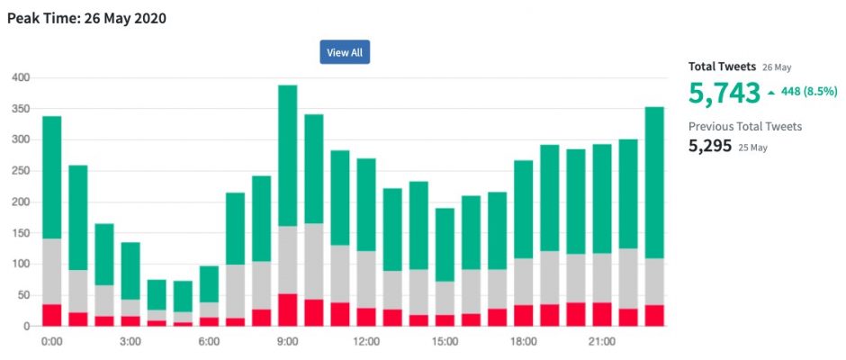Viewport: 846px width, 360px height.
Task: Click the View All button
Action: coord(345,52)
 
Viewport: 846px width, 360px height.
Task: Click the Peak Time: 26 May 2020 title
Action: coord(86,18)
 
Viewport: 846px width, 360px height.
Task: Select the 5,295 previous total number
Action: coord(710,145)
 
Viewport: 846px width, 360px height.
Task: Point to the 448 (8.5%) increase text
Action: coord(807,92)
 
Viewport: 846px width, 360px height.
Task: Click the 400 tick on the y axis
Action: coord(20,78)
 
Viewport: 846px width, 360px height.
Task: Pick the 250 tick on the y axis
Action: coord(20,172)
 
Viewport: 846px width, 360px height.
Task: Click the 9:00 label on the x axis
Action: coord(287,343)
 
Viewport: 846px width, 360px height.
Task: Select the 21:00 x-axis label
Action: coord(601,343)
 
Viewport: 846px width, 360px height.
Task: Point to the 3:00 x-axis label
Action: coord(130,343)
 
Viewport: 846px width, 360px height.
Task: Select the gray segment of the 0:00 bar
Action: coord(52,271)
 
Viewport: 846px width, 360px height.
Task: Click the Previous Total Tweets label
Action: coord(745,126)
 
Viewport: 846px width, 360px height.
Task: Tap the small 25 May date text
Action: coord(753,147)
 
